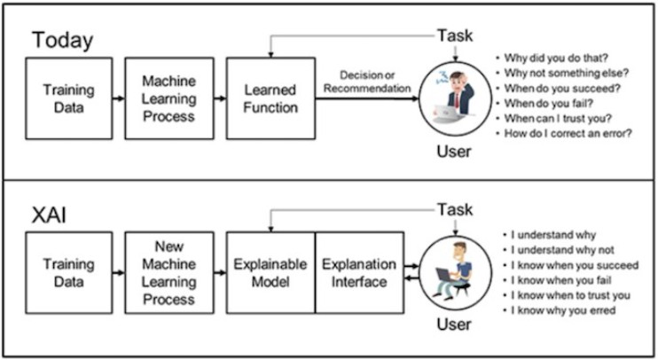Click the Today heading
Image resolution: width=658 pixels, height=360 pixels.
(x=63, y=41)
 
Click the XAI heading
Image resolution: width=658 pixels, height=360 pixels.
(x=49, y=215)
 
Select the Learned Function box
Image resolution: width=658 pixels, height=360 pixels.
(x=270, y=98)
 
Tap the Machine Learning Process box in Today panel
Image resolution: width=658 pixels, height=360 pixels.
(x=169, y=98)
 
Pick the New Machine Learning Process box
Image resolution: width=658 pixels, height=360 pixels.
(x=169, y=273)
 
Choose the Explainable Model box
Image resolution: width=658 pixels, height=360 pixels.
(x=270, y=273)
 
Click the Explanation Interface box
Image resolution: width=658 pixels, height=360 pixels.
(x=359, y=273)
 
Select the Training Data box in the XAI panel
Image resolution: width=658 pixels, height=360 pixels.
(x=69, y=273)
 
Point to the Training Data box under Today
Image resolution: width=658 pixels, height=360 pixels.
(x=69, y=98)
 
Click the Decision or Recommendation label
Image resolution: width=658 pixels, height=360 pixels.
(x=367, y=82)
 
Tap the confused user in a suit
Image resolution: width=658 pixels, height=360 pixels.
(x=455, y=98)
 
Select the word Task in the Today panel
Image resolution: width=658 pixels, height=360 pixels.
(x=455, y=35)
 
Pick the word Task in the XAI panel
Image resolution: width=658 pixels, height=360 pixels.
(x=455, y=209)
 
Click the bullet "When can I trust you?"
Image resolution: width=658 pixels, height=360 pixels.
(x=553, y=119)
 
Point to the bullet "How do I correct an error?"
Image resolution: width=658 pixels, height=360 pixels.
(x=564, y=134)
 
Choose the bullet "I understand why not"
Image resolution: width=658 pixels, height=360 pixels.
(x=558, y=250)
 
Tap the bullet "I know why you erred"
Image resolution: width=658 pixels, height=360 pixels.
(x=559, y=311)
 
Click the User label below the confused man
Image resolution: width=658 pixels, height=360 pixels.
(x=454, y=152)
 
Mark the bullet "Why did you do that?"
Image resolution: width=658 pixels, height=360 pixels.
(x=552, y=58)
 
